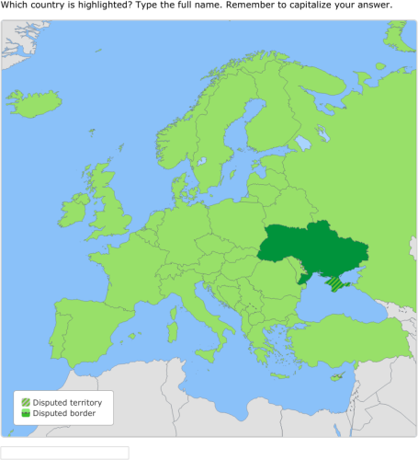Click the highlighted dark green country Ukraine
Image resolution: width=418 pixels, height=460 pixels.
[312, 248]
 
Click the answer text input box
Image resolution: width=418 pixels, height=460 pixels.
[64, 452]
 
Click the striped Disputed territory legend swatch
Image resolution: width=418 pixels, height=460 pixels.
[26, 402]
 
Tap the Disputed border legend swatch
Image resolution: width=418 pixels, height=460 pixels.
[26, 413]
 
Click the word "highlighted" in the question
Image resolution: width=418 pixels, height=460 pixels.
[97, 6]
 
